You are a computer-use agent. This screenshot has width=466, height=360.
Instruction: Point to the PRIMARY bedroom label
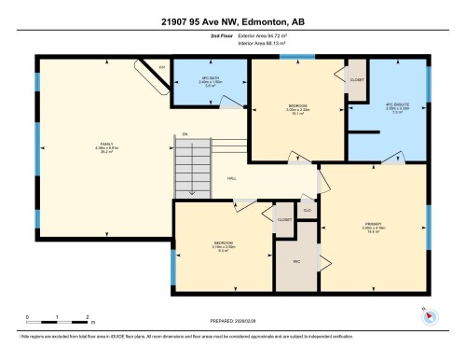(373, 223)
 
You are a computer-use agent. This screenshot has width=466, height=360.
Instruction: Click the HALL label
(231, 179)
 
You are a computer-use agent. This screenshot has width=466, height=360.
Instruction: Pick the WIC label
(295, 262)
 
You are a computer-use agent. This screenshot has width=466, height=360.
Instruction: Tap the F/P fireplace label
(161, 68)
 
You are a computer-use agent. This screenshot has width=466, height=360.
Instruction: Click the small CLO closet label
(308, 211)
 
